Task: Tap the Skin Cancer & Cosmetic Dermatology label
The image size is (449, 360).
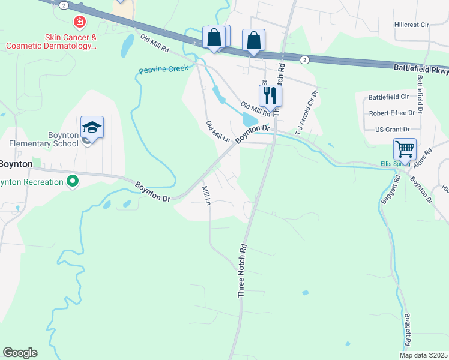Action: point(52,41)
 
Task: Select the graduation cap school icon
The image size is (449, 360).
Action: point(92,127)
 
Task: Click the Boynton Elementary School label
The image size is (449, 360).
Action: point(43,140)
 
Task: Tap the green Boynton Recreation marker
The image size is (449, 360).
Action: point(73,181)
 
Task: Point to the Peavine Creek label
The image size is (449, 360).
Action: point(163,70)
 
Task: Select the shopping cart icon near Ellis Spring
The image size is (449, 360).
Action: point(405,148)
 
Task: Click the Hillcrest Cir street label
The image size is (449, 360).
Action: point(412,25)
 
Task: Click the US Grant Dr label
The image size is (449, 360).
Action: point(392,129)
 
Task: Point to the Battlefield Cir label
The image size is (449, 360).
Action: point(388,97)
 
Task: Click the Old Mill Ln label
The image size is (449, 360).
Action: point(218,131)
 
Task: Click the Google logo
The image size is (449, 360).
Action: point(20,353)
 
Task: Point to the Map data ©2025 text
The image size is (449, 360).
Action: point(423,355)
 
